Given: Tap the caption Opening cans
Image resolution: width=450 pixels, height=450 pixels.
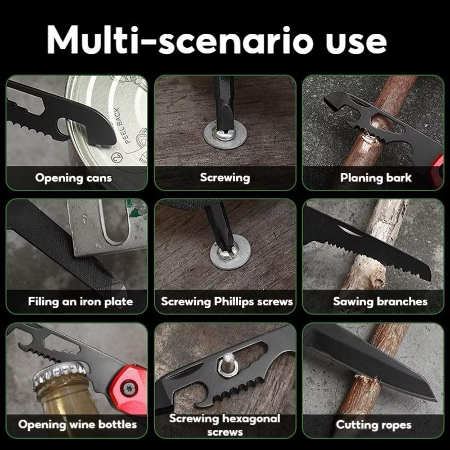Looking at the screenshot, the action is tap(74, 178).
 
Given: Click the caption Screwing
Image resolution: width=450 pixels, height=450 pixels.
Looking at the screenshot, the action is tap(224, 178).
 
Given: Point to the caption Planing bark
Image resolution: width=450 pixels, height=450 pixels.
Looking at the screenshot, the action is tap(376, 178).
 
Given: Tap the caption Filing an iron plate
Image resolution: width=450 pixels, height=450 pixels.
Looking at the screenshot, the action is tap(80, 301).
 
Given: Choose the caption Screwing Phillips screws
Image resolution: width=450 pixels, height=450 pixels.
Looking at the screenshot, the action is tap(227, 301).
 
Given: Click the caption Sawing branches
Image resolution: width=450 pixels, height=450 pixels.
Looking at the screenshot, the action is tap(380, 301).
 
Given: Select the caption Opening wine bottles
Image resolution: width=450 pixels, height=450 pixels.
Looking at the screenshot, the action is tap(78, 425).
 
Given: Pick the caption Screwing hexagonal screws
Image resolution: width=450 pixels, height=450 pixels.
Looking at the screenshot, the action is tap(224, 425).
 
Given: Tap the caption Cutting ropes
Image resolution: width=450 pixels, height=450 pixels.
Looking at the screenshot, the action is tap(373, 425).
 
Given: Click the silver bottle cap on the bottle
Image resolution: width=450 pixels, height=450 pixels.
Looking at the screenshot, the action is tap(60, 372).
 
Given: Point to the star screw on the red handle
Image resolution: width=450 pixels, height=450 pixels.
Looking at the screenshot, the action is tap(129, 388).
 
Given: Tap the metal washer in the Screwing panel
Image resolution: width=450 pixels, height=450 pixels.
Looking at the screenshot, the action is tap(225, 134).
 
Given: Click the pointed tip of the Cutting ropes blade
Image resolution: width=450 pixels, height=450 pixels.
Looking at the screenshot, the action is tap(435, 398).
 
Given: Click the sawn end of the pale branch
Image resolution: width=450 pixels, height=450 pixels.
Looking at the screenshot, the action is tap(378, 277).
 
